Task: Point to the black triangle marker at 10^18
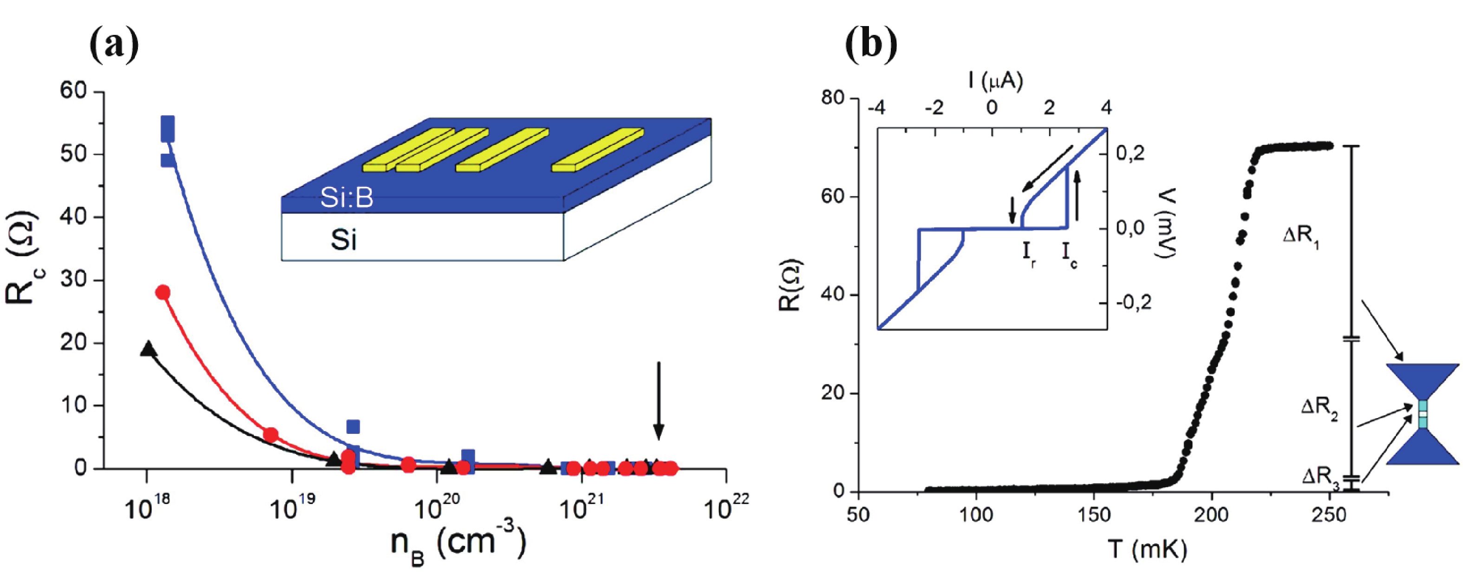148,348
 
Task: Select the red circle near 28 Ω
163,292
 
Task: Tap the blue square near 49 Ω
168,160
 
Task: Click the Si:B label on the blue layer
346,199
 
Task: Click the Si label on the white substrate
344,240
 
